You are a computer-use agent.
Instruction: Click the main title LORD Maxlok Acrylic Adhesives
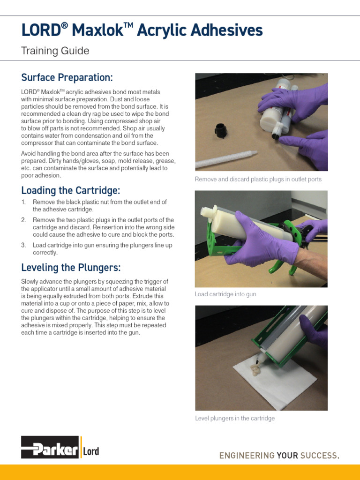click(142, 31)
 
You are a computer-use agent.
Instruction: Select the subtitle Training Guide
click(55, 51)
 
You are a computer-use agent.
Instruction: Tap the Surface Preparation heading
click(67, 77)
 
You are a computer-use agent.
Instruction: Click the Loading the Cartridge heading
click(71, 190)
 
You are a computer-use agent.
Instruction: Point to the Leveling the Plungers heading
click(71, 268)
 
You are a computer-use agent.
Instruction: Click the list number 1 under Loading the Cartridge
click(23, 202)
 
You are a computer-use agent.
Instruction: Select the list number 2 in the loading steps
click(23, 220)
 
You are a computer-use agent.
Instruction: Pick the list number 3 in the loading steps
click(23, 245)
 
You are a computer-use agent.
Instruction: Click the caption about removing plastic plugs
click(258, 180)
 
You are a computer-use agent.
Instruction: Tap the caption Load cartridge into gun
click(225, 294)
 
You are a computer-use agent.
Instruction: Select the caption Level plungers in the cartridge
click(234, 418)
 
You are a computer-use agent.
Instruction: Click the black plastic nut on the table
click(220, 130)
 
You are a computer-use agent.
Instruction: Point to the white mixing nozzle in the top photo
click(225, 159)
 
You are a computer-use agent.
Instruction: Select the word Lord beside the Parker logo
click(91, 452)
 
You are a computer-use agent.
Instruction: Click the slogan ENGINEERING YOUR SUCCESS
click(279, 456)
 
